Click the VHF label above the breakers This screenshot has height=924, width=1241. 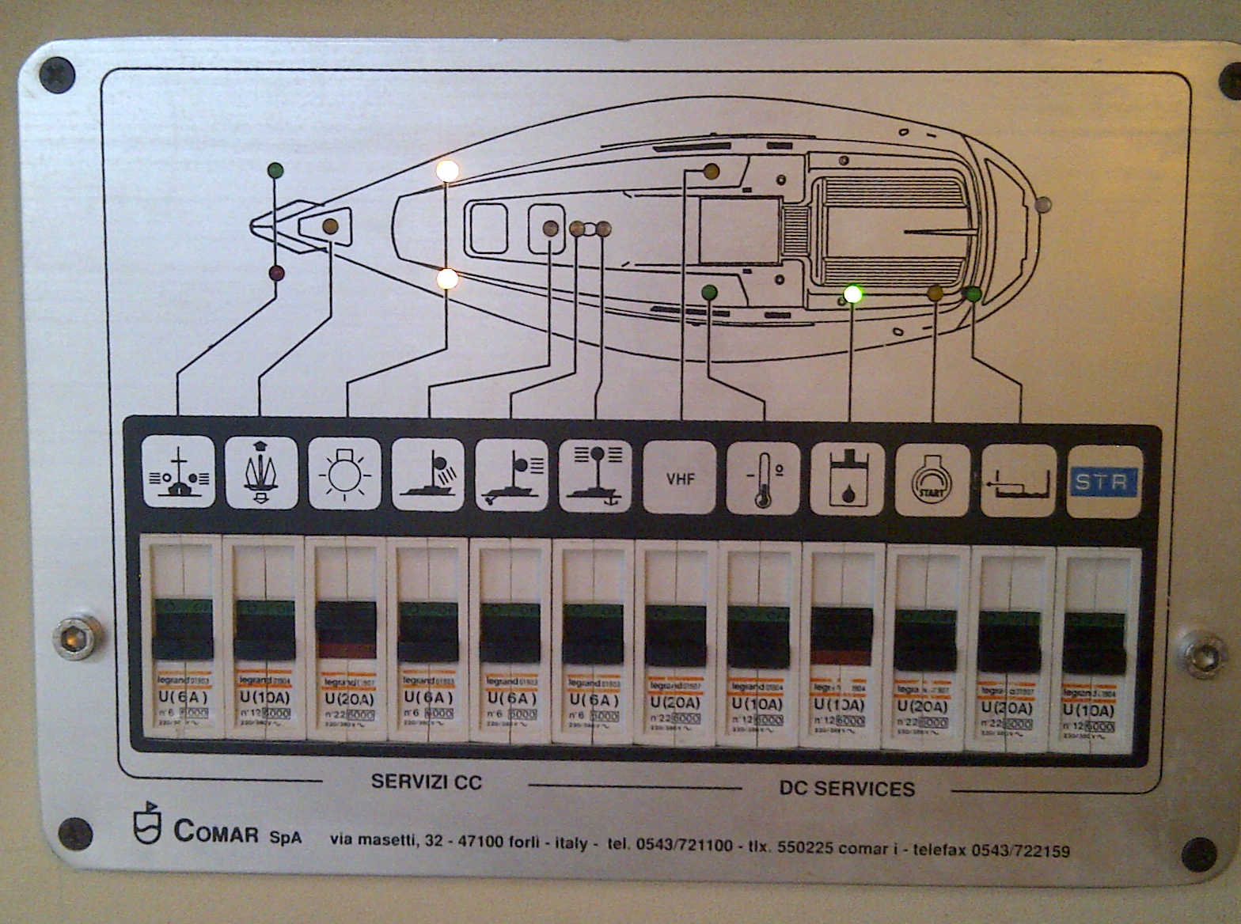[680, 479]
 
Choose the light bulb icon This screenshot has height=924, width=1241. [344, 474]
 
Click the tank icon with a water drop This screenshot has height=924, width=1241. [847, 479]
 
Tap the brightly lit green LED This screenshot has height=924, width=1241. [852, 293]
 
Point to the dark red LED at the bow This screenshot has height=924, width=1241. [276, 274]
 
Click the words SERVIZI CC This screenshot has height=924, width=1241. [426, 782]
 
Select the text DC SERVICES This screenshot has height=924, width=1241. [846, 789]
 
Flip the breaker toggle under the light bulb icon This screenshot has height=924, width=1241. [345, 631]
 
